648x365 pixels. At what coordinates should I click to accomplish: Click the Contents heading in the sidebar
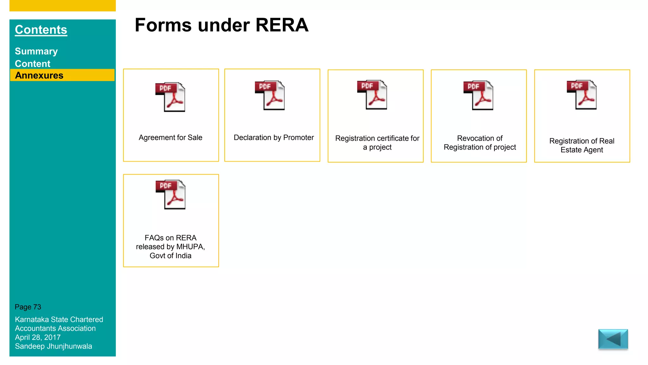(41, 30)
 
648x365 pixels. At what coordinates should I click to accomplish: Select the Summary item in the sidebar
(36, 51)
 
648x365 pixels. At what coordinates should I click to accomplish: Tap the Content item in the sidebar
(33, 64)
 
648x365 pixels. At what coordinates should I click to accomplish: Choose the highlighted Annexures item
(39, 75)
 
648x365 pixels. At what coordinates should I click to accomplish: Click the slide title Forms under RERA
(221, 25)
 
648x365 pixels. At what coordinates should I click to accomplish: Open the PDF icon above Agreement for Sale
(170, 97)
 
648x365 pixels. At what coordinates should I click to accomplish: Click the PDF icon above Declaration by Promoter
(270, 95)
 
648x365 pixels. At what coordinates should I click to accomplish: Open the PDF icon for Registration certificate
(372, 95)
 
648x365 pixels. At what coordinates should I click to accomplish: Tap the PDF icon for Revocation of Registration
(478, 95)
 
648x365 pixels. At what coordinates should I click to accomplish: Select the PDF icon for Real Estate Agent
(582, 95)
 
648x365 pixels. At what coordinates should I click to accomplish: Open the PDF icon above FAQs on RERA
(171, 195)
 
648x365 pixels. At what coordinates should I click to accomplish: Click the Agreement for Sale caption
(170, 138)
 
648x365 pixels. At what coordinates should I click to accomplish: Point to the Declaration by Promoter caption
(274, 138)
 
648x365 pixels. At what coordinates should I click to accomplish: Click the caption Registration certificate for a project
(377, 143)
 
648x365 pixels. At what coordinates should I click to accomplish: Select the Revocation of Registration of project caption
(480, 143)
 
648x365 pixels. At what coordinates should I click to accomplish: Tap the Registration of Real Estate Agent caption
(582, 145)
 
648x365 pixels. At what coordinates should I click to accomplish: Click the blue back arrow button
(613, 339)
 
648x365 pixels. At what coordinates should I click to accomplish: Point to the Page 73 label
(28, 307)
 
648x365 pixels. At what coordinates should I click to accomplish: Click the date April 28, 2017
(38, 337)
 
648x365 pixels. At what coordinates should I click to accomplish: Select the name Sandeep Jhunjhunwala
(53, 346)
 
